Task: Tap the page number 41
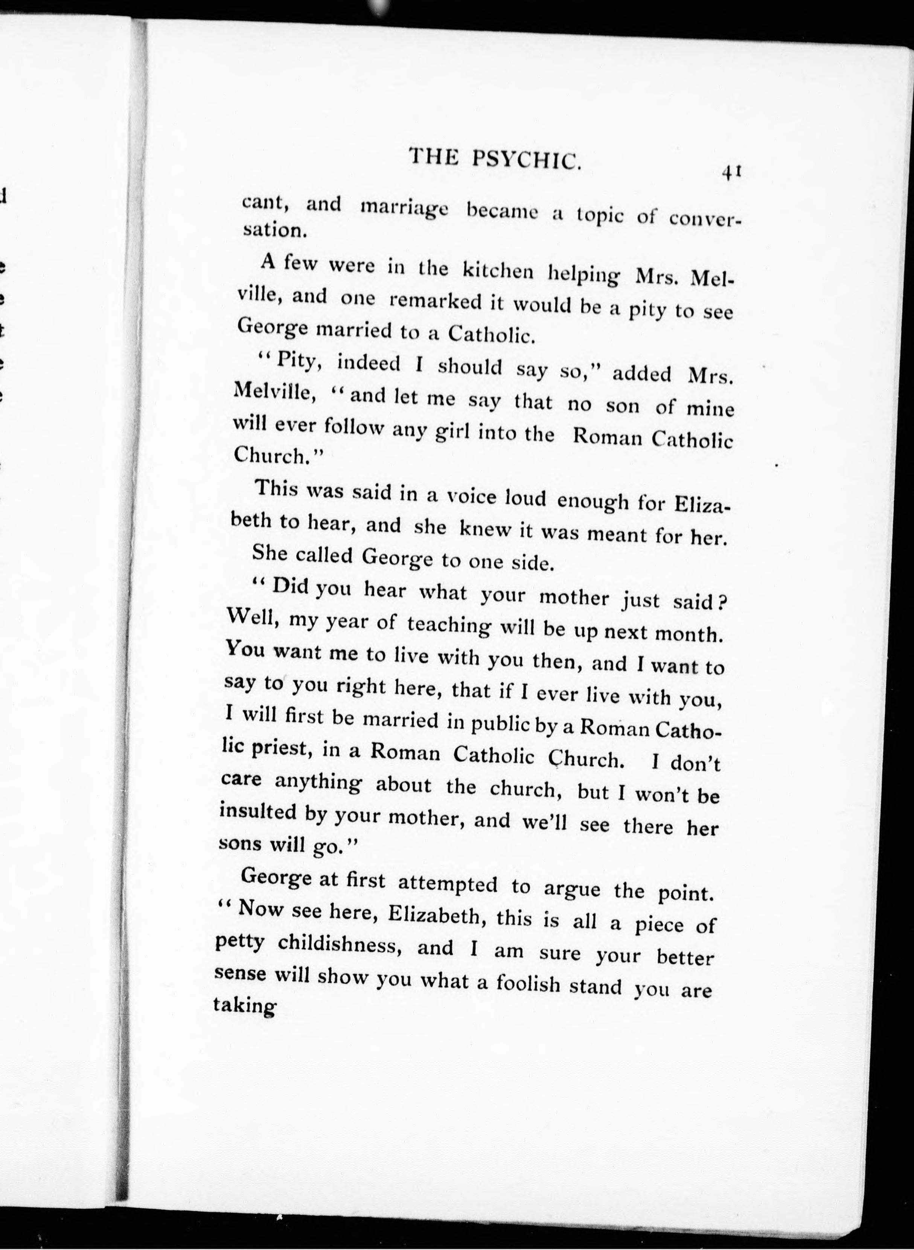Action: click(x=730, y=173)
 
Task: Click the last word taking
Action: click(x=244, y=1005)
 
